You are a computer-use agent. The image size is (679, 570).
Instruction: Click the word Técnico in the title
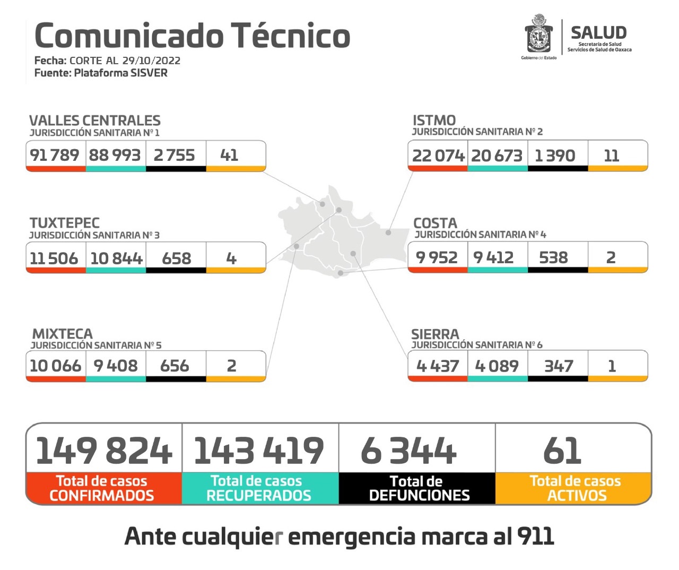[x=291, y=36]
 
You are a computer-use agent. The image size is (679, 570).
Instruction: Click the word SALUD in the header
[x=598, y=32]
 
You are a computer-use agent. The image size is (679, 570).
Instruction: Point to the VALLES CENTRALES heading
[x=94, y=120]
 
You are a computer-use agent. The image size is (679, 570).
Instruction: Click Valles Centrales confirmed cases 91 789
[x=55, y=155]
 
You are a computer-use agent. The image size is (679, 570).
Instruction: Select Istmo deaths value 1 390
[x=555, y=156]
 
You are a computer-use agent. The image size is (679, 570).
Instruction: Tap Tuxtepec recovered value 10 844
[x=116, y=258]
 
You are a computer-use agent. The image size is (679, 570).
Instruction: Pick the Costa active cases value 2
[x=611, y=257]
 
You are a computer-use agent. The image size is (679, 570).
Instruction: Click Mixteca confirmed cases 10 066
[x=55, y=366]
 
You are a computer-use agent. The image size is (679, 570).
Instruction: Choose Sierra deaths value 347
[x=559, y=366]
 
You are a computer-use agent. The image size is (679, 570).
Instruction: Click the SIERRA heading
[x=435, y=334]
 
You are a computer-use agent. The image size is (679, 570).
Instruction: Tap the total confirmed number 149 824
[x=104, y=451]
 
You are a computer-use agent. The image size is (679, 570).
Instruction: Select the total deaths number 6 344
[x=408, y=451]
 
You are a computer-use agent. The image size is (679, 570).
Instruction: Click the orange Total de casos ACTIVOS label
[x=575, y=488]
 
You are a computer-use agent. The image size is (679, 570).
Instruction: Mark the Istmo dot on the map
[x=388, y=232]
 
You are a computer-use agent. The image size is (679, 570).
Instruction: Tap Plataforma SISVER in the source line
[x=120, y=73]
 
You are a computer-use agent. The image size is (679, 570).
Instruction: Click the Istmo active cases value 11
[x=611, y=156]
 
